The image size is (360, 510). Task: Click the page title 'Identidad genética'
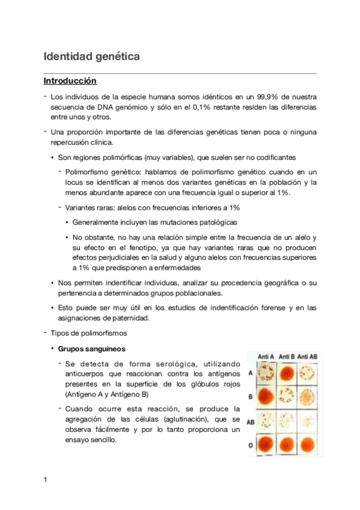[91, 57]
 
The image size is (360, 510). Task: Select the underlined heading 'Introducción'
[70, 81]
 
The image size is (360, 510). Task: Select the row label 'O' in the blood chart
[250, 445]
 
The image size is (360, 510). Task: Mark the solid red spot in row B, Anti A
[266, 398]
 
